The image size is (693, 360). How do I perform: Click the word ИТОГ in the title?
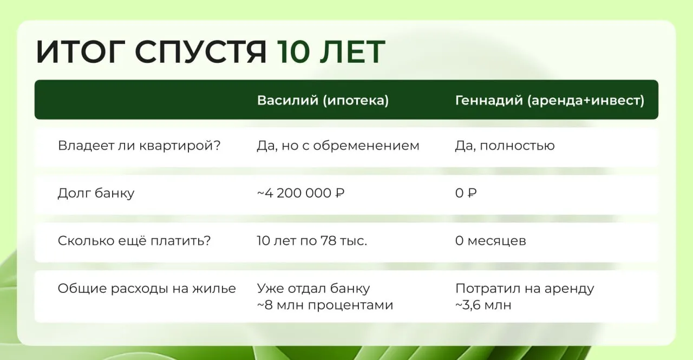coord(81,51)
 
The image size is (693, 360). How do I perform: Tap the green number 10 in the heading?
coord(293,51)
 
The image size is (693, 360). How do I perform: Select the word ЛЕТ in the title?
coord(352,51)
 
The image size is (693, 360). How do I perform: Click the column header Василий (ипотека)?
coord(323,100)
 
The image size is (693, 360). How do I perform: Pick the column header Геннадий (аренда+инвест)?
coord(550,100)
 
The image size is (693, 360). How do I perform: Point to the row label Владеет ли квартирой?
coord(139,146)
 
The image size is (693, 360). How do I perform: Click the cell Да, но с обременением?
coord(338,146)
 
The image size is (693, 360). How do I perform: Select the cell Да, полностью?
coord(505,146)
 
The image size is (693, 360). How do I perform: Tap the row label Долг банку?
coord(96,193)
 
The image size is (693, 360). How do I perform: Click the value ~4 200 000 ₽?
coord(300,193)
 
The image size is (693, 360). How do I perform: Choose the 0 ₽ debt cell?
coord(466,193)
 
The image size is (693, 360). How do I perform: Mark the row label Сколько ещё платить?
coord(134,240)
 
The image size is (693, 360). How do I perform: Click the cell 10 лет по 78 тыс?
coord(312,240)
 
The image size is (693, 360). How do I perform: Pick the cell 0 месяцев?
coord(491,240)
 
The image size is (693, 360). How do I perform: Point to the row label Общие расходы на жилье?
coord(147,288)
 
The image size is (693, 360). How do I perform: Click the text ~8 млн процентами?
coord(325,305)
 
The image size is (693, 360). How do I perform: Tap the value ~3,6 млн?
coord(483,305)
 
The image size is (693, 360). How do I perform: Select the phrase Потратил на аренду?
coord(525,288)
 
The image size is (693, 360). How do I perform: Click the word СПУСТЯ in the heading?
coord(200,51)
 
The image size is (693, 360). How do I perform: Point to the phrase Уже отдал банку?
coord(313,288)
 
